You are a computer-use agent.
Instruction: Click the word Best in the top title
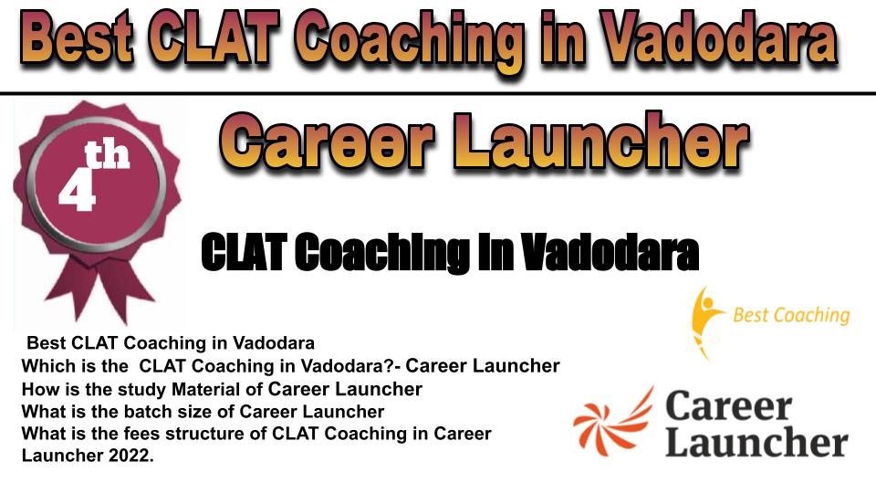coord(77,39)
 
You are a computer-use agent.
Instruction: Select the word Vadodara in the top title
coord(719,39)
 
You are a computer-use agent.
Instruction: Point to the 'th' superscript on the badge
coord(107,155)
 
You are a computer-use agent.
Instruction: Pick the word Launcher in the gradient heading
coord(602,140)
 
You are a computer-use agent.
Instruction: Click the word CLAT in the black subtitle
coord(245,253)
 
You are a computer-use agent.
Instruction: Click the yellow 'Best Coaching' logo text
coord(791,315)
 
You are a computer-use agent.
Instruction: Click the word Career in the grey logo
coord(729,405)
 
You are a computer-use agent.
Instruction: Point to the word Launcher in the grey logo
coord(757,442)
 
